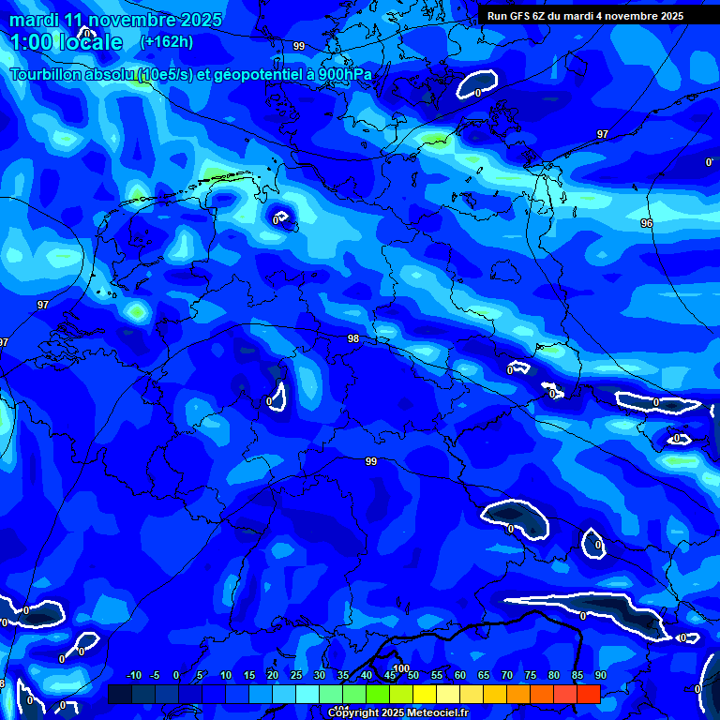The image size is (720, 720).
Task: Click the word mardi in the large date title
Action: pyautogui.click(x=35, y=20)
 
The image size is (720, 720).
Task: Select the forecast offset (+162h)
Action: pyautogui.click(x=167, y=42)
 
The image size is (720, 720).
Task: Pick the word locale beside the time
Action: pyautogui.click(x=89, y=42)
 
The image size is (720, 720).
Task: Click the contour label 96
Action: pyautogui.click(x=646, y=223)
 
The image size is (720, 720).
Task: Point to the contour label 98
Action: pyautogui.click(x=353, y=338)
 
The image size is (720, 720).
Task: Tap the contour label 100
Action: pyautogui.click(x=402, y=668)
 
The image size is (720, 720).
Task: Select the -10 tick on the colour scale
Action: pyautogui.click(x=132, y=676)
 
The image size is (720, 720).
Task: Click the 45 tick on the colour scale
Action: pyautogui.click(x=389, y=676)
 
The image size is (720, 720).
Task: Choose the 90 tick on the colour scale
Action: pyautogui.click(x=600, y=676)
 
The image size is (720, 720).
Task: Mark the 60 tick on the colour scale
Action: pyautogui.click(x=459, y=676)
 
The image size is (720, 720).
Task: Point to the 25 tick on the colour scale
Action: pyautogui.click(x=295, y=676)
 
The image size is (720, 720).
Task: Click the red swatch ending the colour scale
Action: pyautogui.click(x=588, y=694)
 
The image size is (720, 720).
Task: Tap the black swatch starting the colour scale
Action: pyautogui.click(x=120, y=694)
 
